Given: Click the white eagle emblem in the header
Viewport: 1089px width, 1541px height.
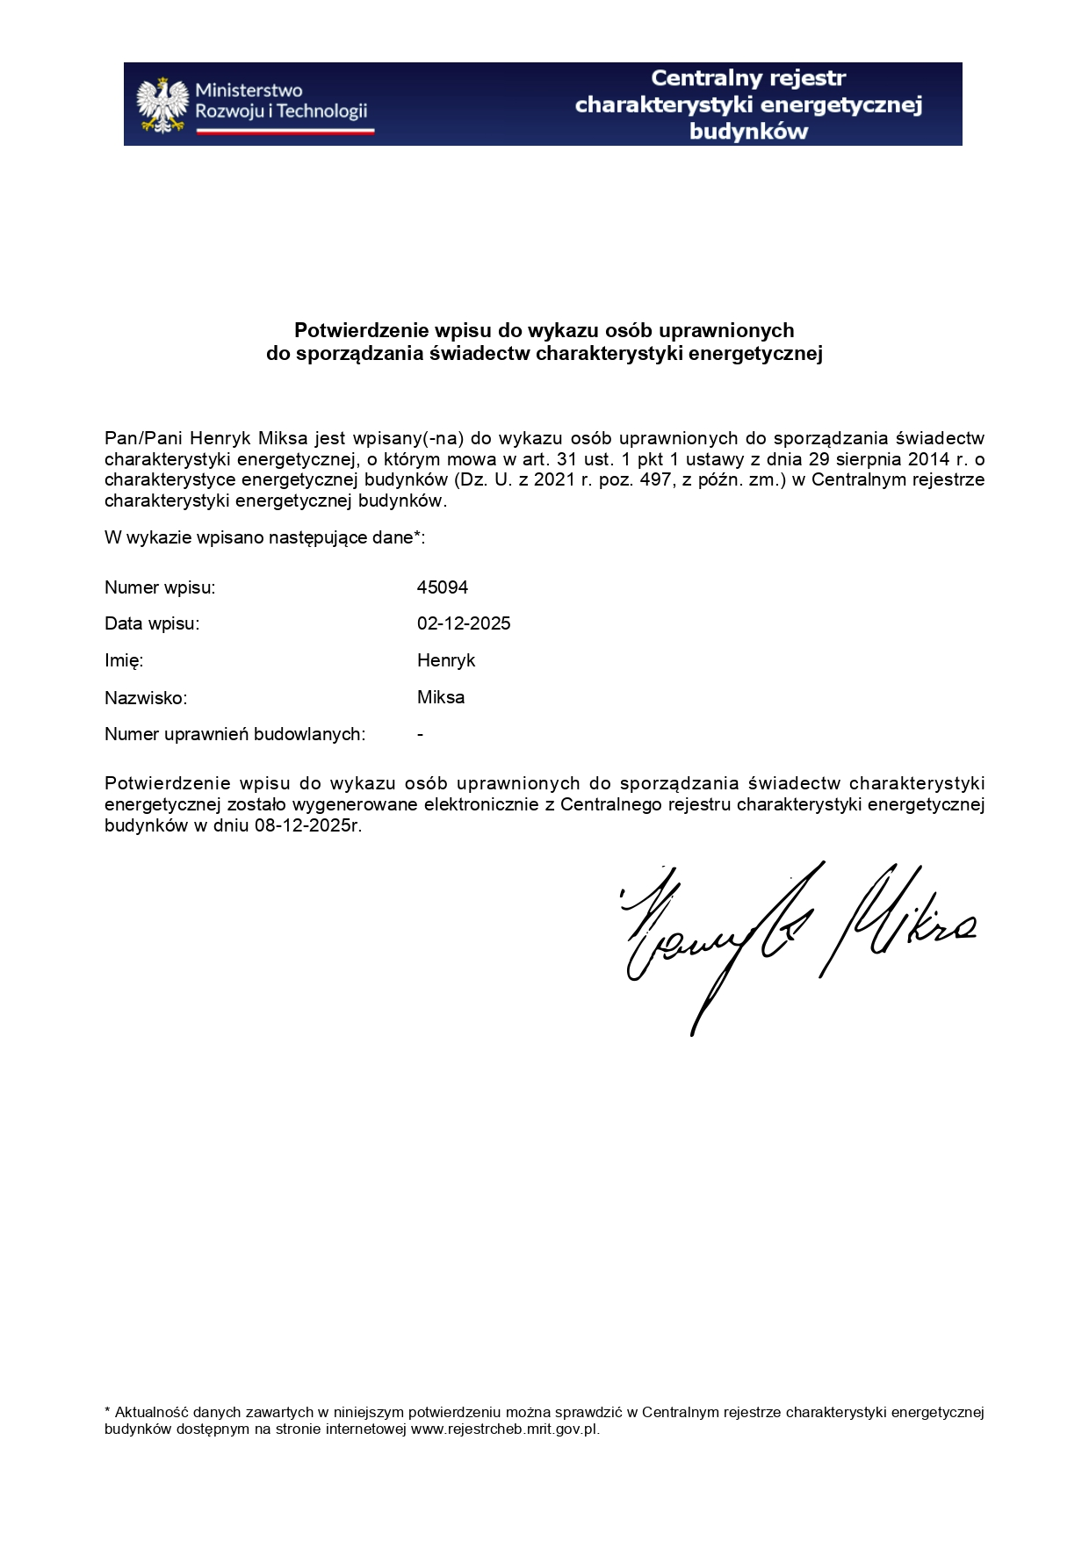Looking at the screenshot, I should click(162, 104).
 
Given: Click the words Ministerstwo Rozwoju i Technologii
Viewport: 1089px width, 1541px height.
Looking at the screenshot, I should click(280, 101).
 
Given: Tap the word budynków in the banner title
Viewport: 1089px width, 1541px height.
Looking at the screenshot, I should click(748, 132).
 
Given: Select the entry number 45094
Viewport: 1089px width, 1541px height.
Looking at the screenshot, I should click(443, 587).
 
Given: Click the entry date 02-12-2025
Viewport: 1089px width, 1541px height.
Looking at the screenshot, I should click(464, 623).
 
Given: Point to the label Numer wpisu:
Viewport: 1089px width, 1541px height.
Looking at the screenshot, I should click(160, 587).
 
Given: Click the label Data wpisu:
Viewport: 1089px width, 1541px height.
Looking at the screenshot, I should click(152, 623).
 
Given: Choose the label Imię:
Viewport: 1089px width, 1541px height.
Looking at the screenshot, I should click(124, 660).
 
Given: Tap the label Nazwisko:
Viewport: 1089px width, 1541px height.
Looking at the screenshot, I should click(146, 698).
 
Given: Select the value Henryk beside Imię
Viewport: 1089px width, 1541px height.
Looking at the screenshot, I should click(446, 660).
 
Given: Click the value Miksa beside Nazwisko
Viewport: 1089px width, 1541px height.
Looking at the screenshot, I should click(441, 697).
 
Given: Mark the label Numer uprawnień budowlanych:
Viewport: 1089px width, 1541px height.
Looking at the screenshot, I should click(235, 734).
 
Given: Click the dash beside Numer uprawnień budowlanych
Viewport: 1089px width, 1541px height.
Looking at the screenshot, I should click(421, 734).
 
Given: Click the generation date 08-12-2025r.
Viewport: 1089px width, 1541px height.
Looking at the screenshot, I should click(308, 825).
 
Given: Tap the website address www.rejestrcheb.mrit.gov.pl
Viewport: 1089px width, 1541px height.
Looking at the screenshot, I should click(505, 1429).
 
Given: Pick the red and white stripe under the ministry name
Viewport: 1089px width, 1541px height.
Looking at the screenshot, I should click(285, 131).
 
